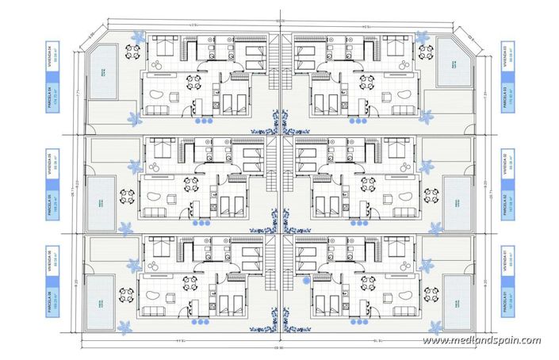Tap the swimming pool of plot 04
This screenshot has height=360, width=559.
[x=101, y=71]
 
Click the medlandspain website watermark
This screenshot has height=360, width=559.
[x=481, y=341]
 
